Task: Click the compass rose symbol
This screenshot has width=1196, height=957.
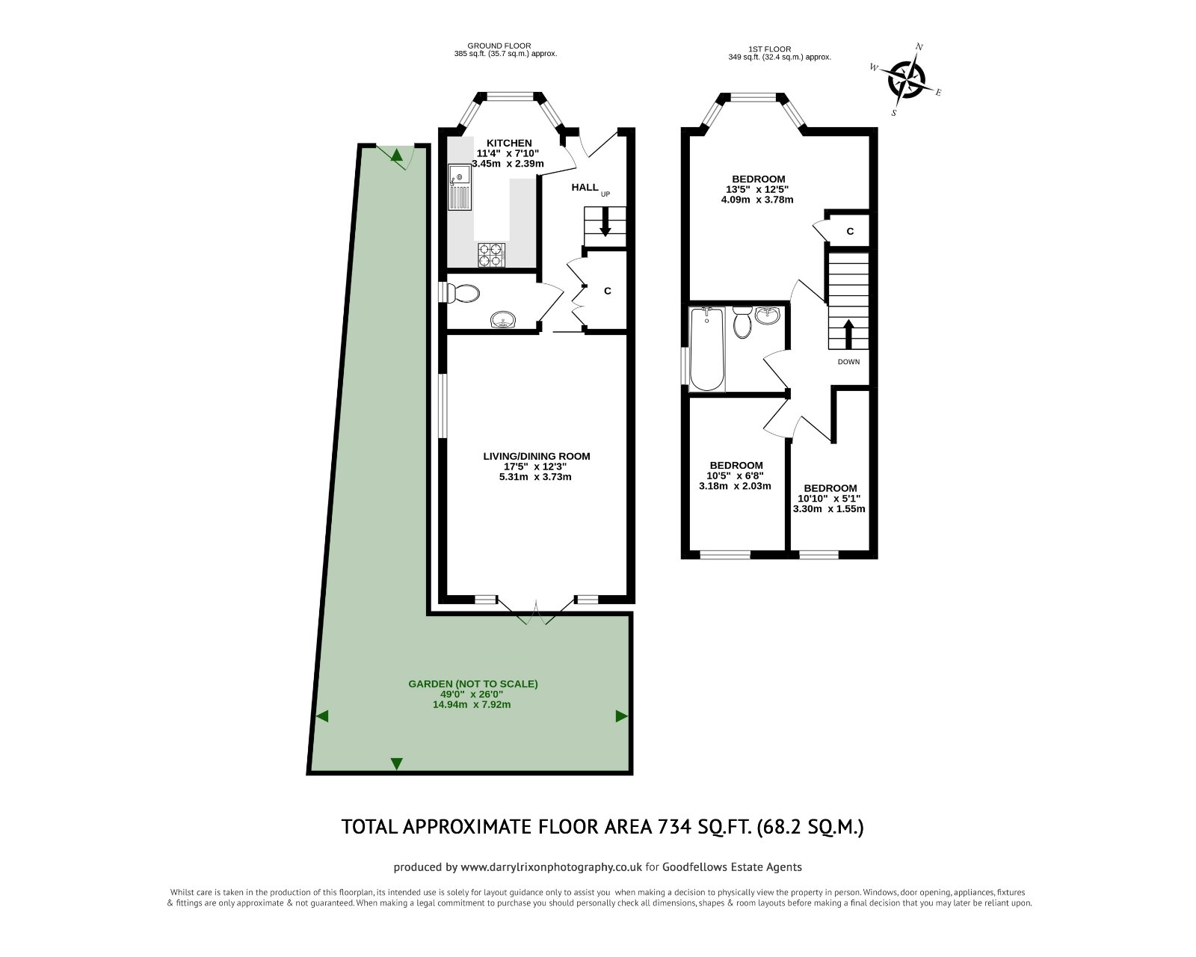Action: pos(906,79)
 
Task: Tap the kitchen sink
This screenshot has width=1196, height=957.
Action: pos(460,188)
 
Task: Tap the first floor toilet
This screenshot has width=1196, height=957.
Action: pos(742,323)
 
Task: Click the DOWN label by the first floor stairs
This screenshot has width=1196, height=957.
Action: pos(848,362)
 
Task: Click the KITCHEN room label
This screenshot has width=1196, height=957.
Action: pos(509,143)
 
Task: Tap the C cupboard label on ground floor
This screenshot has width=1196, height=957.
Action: pos(608,291)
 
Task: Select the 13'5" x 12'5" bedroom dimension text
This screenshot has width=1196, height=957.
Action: pos(758,189)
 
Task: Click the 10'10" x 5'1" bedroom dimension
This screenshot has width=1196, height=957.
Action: pos(829,499)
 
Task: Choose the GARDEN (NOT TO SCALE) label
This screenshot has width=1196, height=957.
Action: pos(472,683)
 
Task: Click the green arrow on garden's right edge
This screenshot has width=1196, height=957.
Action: pos(620,716)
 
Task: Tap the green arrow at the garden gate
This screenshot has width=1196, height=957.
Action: pos(397,156)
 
